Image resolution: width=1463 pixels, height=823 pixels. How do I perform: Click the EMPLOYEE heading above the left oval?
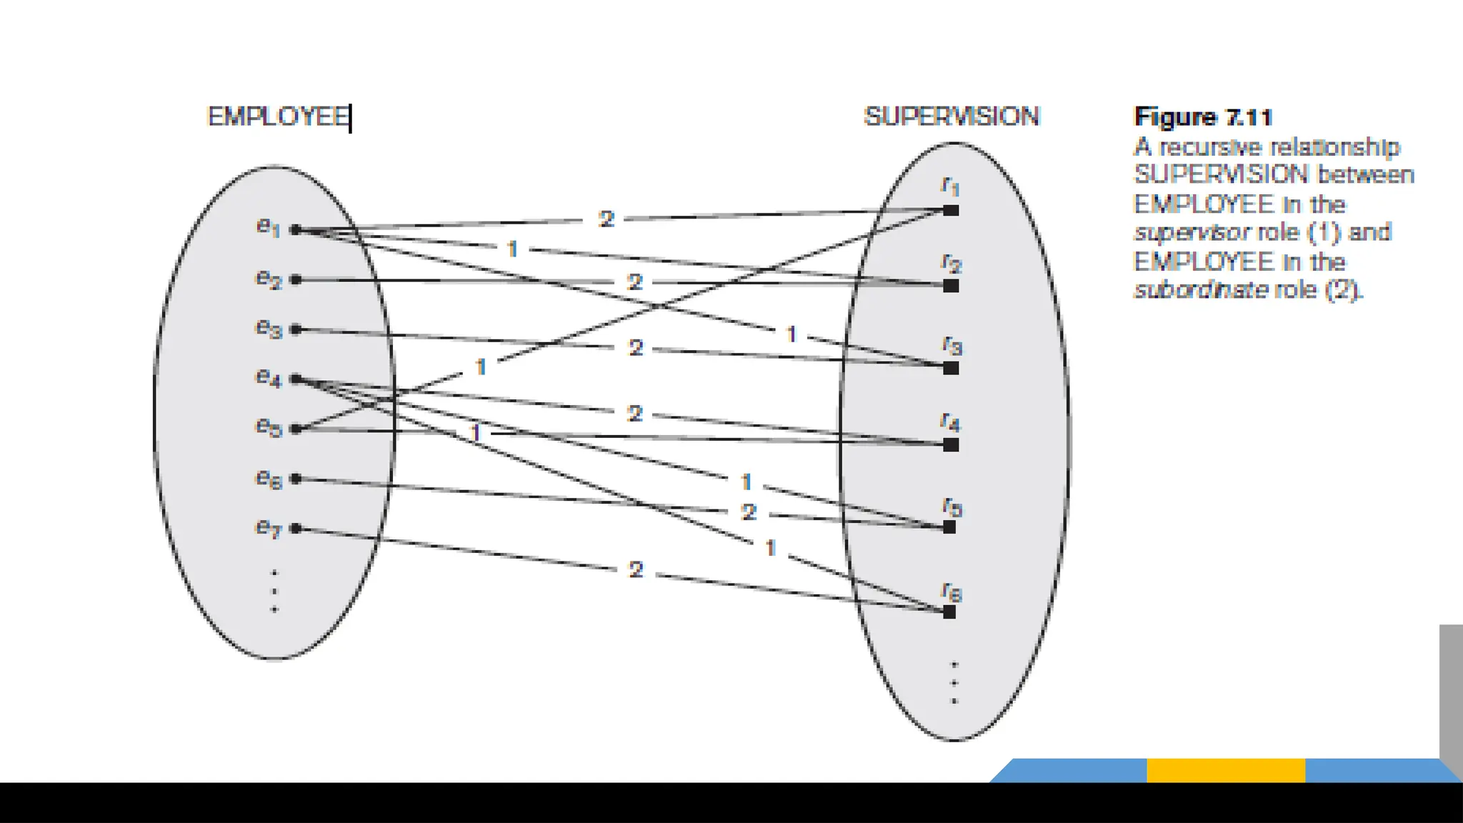pos(277,116)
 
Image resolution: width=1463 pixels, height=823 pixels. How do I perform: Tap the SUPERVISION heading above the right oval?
pos(952,116)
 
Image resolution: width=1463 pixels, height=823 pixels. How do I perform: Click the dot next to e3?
pos(296,329)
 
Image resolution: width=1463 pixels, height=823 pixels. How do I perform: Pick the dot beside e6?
pos(296,479)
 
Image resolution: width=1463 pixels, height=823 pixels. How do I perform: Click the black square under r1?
pos(951,211)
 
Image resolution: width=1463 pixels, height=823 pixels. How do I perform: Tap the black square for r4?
pos(951,445)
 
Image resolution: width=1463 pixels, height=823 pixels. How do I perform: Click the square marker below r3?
pos(951,369)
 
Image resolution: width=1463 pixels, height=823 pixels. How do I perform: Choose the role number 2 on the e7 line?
pos(636,570)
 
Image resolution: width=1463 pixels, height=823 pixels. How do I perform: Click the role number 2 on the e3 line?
pos(636,348)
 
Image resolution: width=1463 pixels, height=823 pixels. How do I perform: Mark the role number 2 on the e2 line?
pos(634,282)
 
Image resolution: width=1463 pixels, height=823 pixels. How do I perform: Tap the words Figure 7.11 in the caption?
pos(1203,117)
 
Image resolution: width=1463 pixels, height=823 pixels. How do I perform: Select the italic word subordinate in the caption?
pos(1201,289)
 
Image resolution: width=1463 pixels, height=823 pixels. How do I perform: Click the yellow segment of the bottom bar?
pos(1226,770)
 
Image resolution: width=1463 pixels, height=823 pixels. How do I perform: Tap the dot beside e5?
pos(296,429)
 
